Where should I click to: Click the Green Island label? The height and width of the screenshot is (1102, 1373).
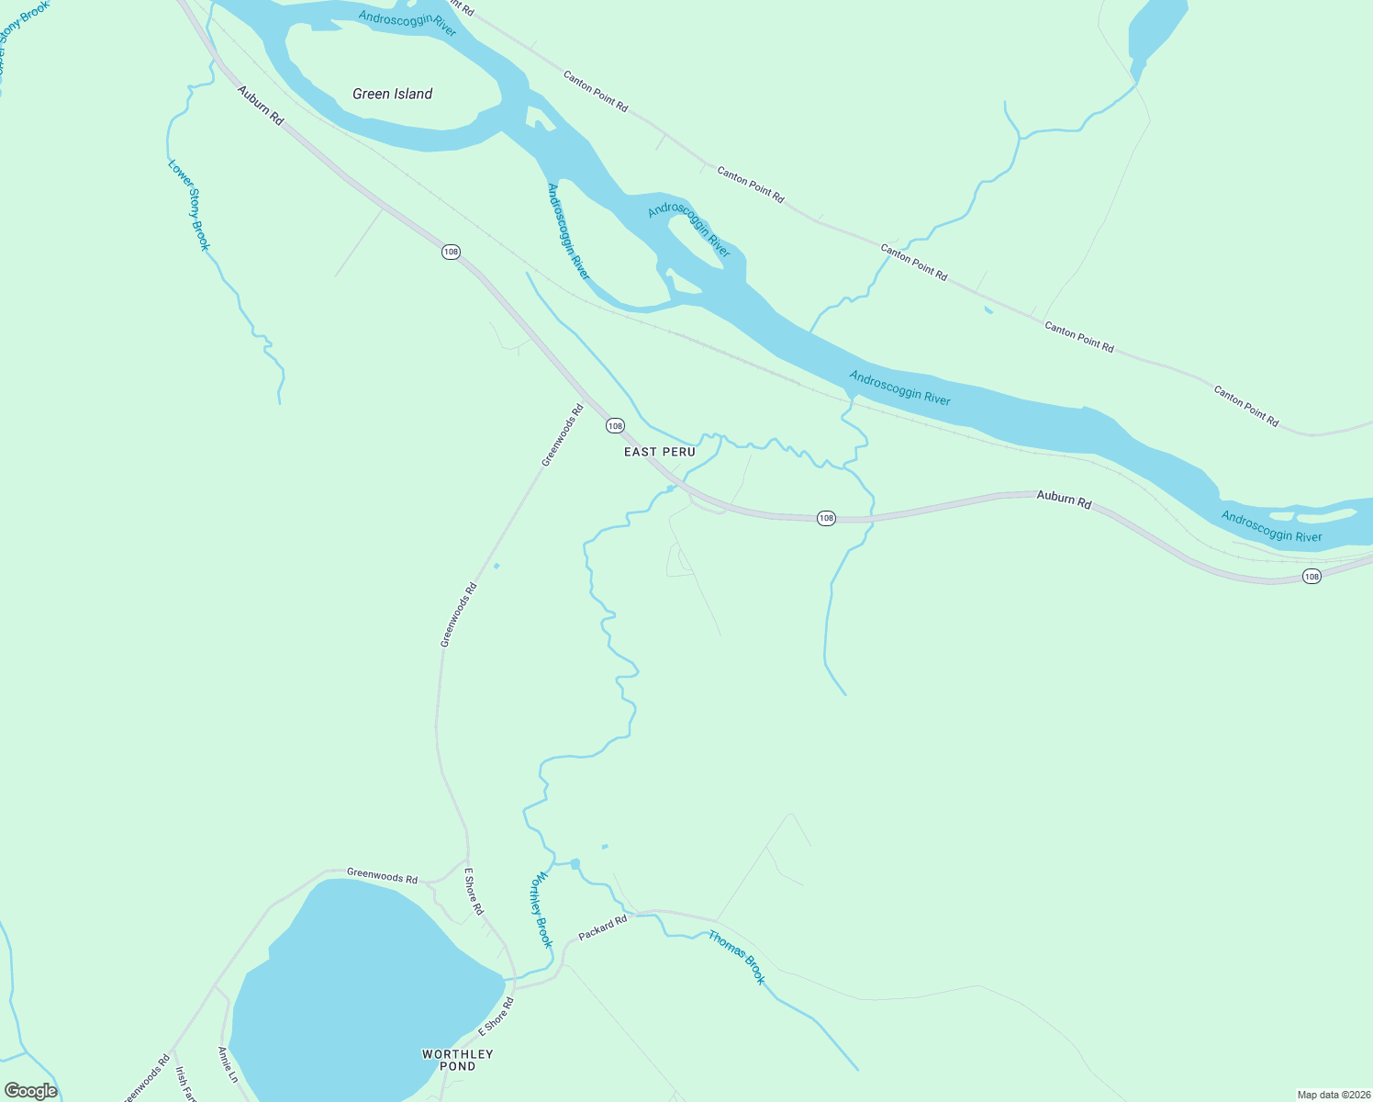coord(392,94)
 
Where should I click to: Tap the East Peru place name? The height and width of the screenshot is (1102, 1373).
coord(659,452)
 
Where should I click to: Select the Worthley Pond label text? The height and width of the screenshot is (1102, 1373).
coord(457,1060)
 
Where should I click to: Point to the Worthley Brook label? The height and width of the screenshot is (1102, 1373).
coord(541,909)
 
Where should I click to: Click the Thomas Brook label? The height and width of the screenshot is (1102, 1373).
coord(736,957)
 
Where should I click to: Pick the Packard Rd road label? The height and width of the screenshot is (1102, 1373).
coord(602,928)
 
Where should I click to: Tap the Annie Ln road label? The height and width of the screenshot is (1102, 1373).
coord(228,1064)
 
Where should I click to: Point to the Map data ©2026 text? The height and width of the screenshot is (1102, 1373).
coord(1332,1095)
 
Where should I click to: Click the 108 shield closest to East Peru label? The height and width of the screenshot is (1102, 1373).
coord(615,425)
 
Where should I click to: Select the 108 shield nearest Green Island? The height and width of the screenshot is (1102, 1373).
coord(450,252)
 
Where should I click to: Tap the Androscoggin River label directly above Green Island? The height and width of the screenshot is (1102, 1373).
coord(407,23)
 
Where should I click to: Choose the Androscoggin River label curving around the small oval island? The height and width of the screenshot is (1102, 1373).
coord(689,231)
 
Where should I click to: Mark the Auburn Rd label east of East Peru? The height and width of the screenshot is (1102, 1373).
coord(1064,500)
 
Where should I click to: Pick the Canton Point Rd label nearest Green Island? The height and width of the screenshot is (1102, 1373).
coord(596,92)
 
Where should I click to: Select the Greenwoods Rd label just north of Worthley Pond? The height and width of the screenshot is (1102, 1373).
coord(382,876)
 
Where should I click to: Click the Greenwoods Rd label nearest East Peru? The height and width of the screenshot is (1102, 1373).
coord(563,436)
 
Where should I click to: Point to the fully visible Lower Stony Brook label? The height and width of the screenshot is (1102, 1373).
coord(189,205)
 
